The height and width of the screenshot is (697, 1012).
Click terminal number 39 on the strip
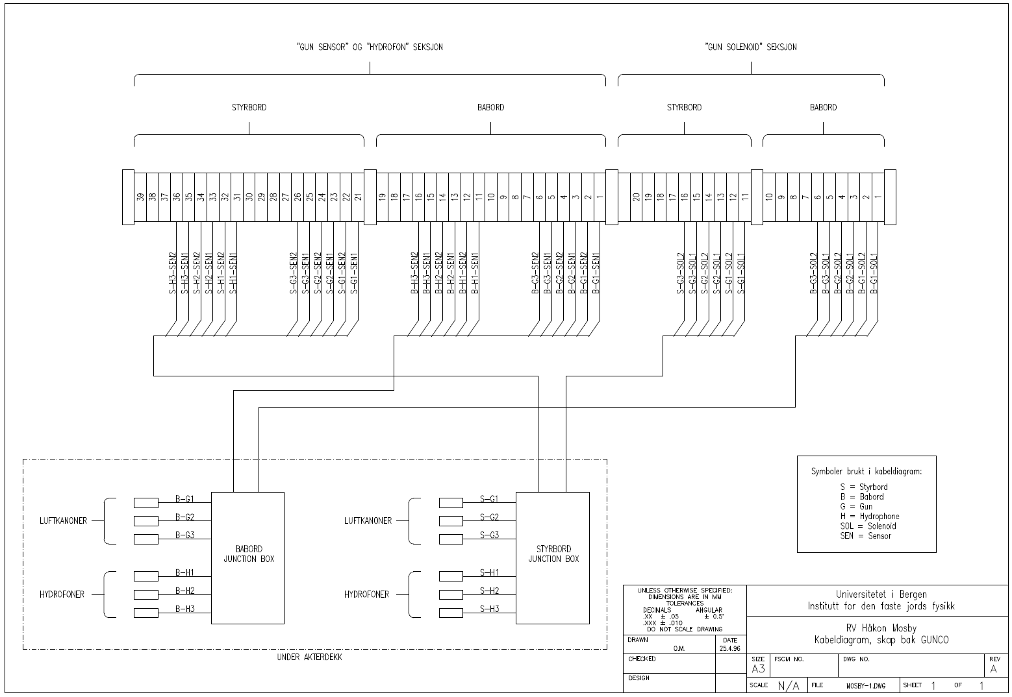141,197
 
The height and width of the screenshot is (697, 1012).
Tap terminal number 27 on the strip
285,197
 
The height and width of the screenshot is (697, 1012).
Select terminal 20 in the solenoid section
637,197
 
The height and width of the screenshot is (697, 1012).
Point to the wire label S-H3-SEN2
173,273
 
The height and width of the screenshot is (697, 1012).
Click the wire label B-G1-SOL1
874,273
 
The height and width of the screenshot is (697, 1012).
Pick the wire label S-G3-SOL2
681,273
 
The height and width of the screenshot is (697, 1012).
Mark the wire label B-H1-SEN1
475,273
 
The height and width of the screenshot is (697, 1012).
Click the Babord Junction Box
248,557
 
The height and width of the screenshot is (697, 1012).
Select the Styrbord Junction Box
553,557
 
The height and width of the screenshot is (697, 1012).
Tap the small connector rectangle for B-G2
145,520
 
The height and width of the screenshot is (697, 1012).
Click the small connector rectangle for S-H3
451,612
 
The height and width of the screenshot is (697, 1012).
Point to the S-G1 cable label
489,498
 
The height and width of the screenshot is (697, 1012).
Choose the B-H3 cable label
184,608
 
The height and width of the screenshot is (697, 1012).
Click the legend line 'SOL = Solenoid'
868,526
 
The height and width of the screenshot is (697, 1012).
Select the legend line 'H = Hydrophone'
869,516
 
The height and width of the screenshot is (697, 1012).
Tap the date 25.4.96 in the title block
730,648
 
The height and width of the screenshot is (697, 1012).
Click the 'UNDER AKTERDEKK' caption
309,657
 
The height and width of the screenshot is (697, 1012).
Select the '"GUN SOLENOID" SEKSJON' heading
750,47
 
